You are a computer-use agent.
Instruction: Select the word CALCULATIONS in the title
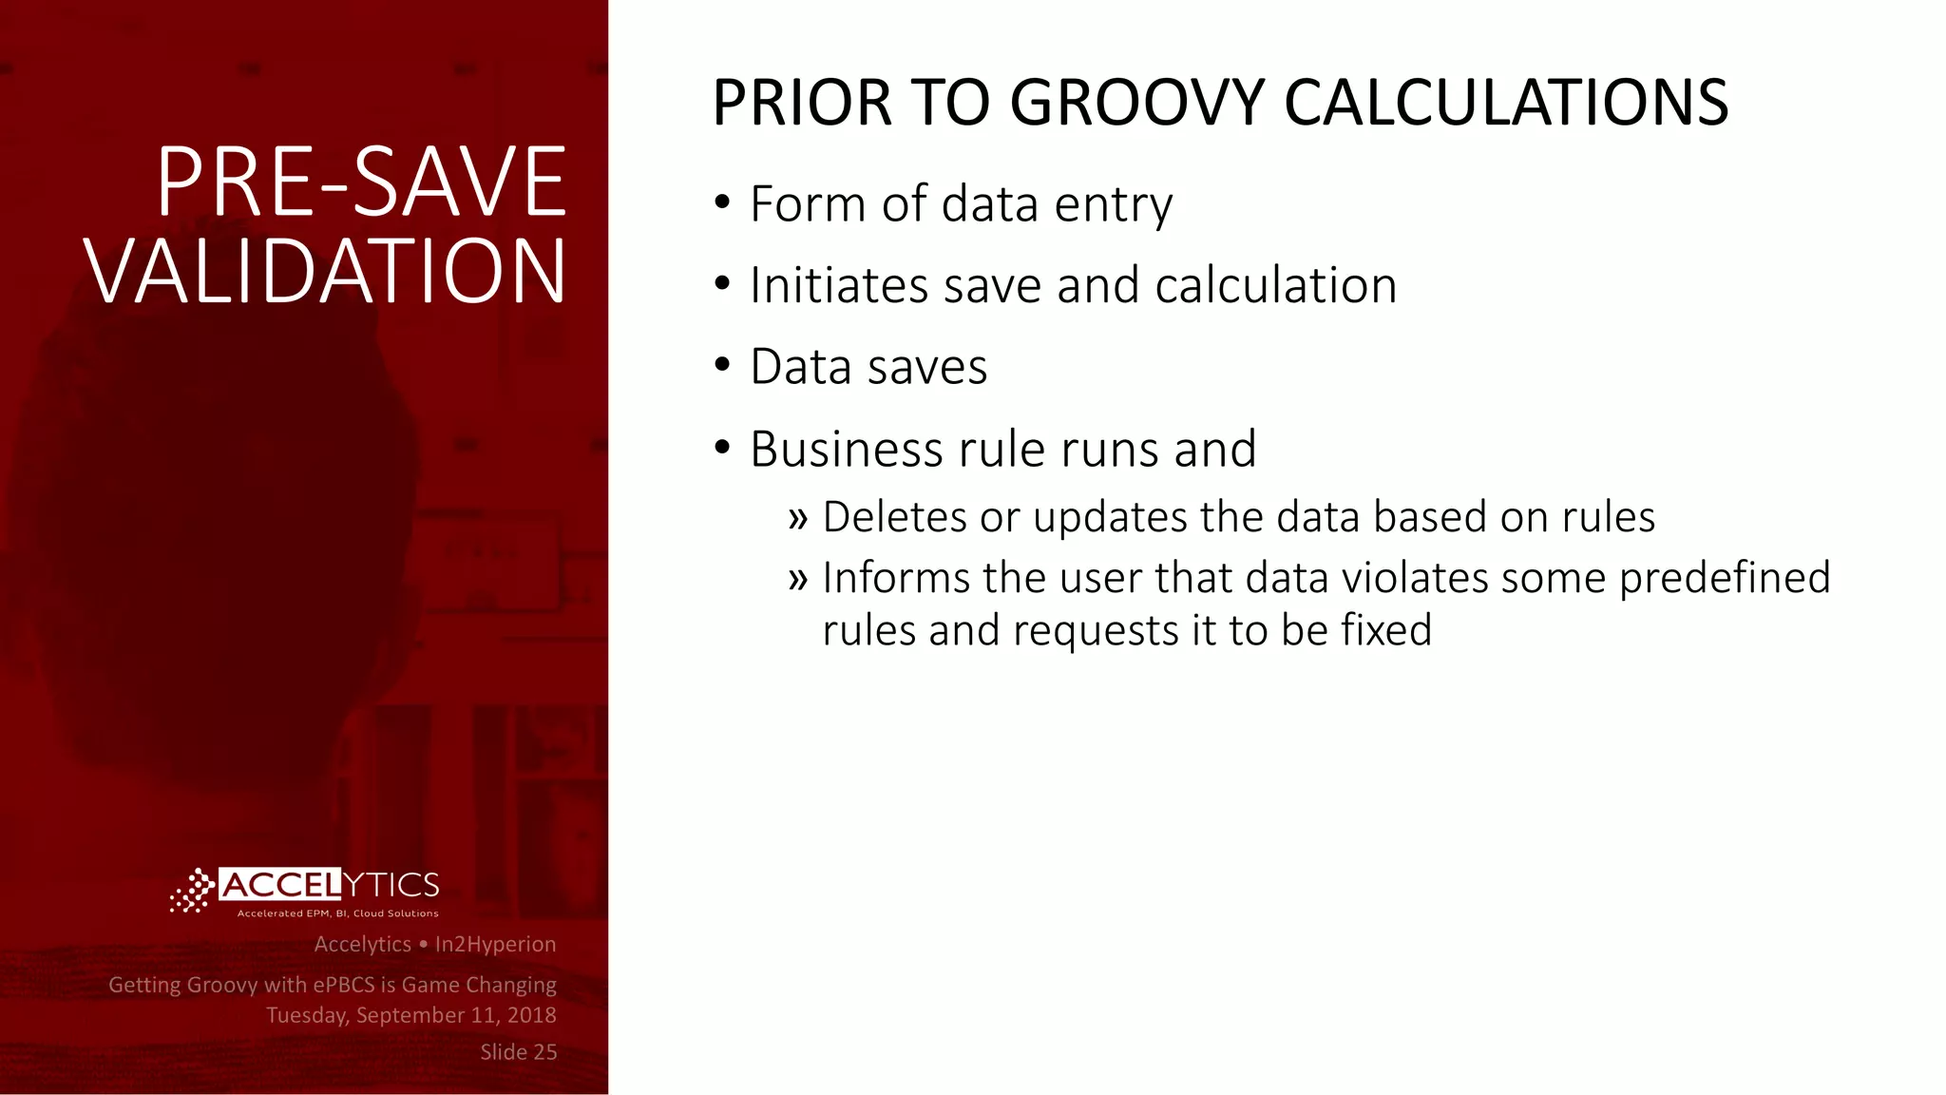pos(1506,103)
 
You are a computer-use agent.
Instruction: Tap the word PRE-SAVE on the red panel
pos(361,182)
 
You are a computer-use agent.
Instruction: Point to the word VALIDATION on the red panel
pos(326,272)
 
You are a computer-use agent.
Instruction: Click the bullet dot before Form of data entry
pos(722,202)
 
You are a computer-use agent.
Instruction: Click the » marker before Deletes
pos(797,519)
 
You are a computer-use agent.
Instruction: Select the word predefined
pos(1724,578)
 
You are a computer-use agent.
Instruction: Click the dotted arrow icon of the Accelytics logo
pos(193,891)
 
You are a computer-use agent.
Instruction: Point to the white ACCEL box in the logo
pos(279,885)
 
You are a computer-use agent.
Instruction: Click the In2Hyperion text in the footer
pos(495,944)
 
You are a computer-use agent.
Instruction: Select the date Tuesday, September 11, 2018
pos(410,1015)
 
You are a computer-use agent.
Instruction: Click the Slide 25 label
pos(518,1052)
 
